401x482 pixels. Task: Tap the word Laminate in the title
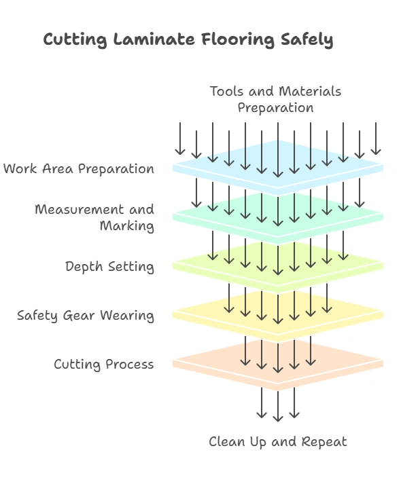point(152,40)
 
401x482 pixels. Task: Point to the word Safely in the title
point(307,40)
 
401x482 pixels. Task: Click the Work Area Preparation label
point(79,169)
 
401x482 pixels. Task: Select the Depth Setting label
point(109,267)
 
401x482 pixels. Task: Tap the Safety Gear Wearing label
point(86,316)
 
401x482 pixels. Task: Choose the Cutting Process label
point(104,365)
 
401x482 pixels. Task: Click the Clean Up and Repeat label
point(277,442)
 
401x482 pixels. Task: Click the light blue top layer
point(353,165)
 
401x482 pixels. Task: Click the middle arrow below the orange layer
point(277,406)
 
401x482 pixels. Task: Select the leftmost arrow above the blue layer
point(180,139)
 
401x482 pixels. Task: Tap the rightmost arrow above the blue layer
point(376,139)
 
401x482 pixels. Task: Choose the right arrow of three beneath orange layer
point(294,403)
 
